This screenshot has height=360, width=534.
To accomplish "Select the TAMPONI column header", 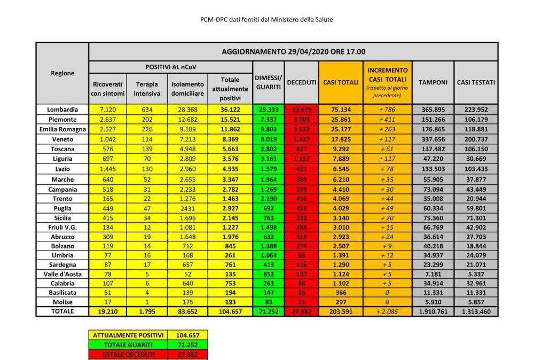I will point(433,83).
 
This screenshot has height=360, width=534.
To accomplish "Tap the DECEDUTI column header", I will point(301,83).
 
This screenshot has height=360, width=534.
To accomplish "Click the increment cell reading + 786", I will point(388,109).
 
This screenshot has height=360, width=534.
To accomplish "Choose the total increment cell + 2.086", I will point(388,310).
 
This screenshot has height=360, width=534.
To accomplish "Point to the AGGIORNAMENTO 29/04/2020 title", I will point(293,52).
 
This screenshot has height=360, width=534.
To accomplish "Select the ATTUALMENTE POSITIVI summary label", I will point(128,335).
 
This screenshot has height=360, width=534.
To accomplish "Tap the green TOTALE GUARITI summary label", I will point(128,345).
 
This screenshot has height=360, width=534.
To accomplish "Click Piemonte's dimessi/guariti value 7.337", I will point(268,119).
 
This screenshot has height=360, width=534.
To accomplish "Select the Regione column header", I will point(62,73).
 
